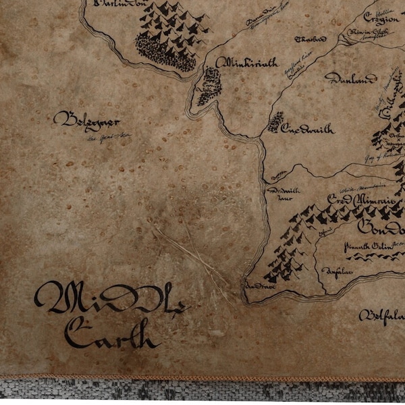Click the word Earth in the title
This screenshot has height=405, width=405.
[x=111, y=333]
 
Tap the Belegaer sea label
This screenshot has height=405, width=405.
[x=86, y=122]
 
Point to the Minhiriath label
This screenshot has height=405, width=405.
[x=246, y=63]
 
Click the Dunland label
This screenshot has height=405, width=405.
[x=350, y=79]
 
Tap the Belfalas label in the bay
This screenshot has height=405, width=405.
[x=381, y=316]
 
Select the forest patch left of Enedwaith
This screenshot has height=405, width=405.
[x=275, y=122]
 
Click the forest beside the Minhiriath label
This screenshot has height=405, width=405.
[x=210, y=86]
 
